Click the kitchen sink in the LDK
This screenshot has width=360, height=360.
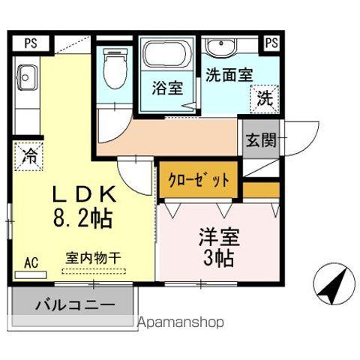[x=28, y=77]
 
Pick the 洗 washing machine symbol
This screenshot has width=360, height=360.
[x=265, y=97]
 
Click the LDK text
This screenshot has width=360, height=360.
[x=82, y=195]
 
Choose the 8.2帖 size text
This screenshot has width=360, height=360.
[x=82, y=218]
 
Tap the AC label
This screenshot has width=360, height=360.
[x=31, y=262]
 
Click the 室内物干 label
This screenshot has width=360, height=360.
[x=93, y=257]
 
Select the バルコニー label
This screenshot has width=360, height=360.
[x=74, y=306]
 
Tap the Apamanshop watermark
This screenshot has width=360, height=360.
[x=181, y=323]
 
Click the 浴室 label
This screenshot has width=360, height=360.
[x=167, y=87]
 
